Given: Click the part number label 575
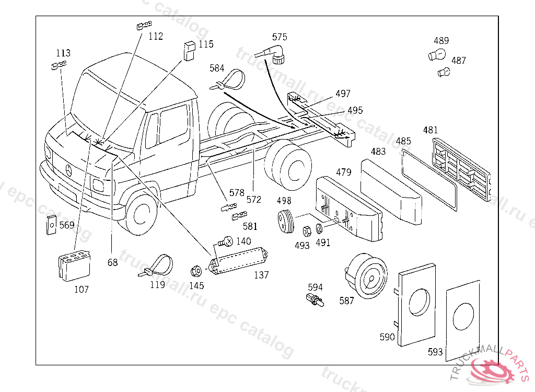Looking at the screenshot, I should (x=280, y=37).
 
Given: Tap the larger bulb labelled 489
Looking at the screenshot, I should (x=437, y=53).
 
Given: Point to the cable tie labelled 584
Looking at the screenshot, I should (x=230, y=80).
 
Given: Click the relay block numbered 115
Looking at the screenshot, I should (x=189, y=49).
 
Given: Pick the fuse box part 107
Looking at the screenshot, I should (x=73, y=267).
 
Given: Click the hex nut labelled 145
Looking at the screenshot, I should (x=196, y=272).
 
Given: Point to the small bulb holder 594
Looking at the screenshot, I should (x=315, y=301).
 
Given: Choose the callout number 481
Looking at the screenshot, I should (x=431, y=130).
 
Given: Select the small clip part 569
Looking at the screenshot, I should (x=51, y=225).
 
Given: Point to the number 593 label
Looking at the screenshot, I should (x=435, y=352).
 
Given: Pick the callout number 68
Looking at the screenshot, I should (x=112, y=262).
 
